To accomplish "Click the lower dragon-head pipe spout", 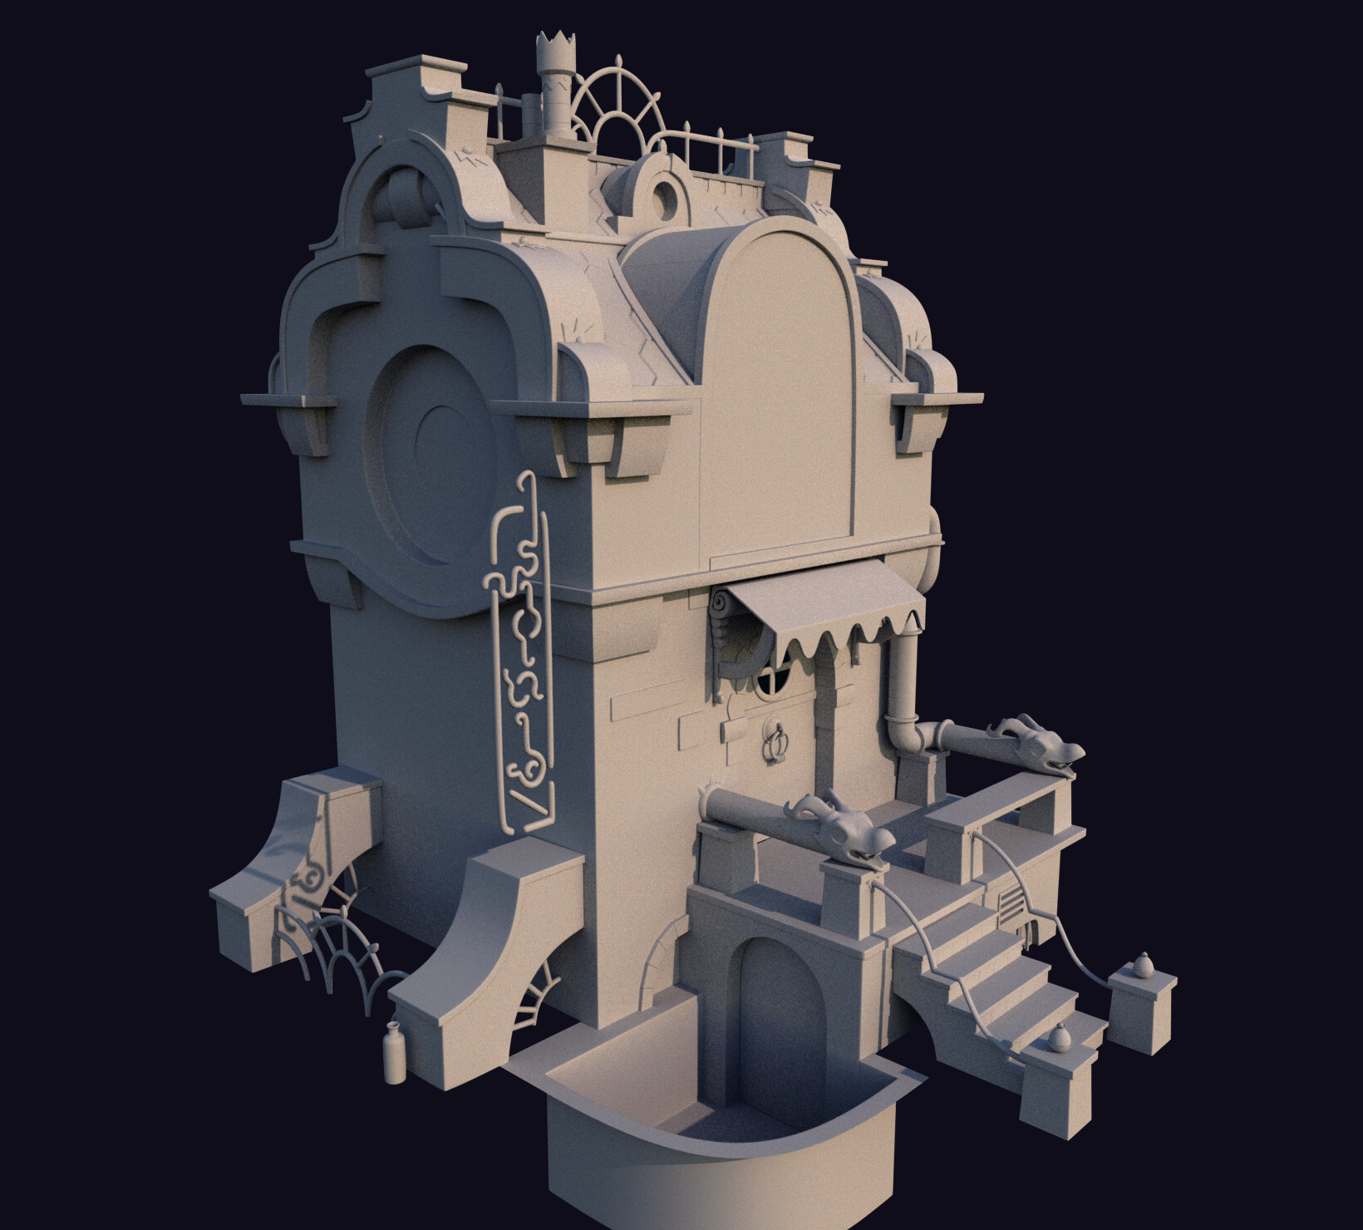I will click(x=844, y=830).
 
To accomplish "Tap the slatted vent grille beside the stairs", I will click(x=1011, y=903).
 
